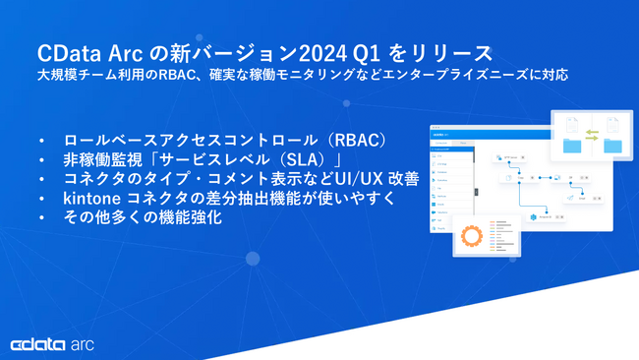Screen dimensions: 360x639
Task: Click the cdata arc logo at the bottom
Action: click(x=51, y=344)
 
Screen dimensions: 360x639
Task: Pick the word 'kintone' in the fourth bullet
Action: click(x=92, y=199)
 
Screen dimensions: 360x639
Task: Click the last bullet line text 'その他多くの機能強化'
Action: click(x=142, y=218)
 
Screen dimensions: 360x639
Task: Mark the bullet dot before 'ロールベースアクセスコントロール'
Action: click(x=40, y=140)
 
